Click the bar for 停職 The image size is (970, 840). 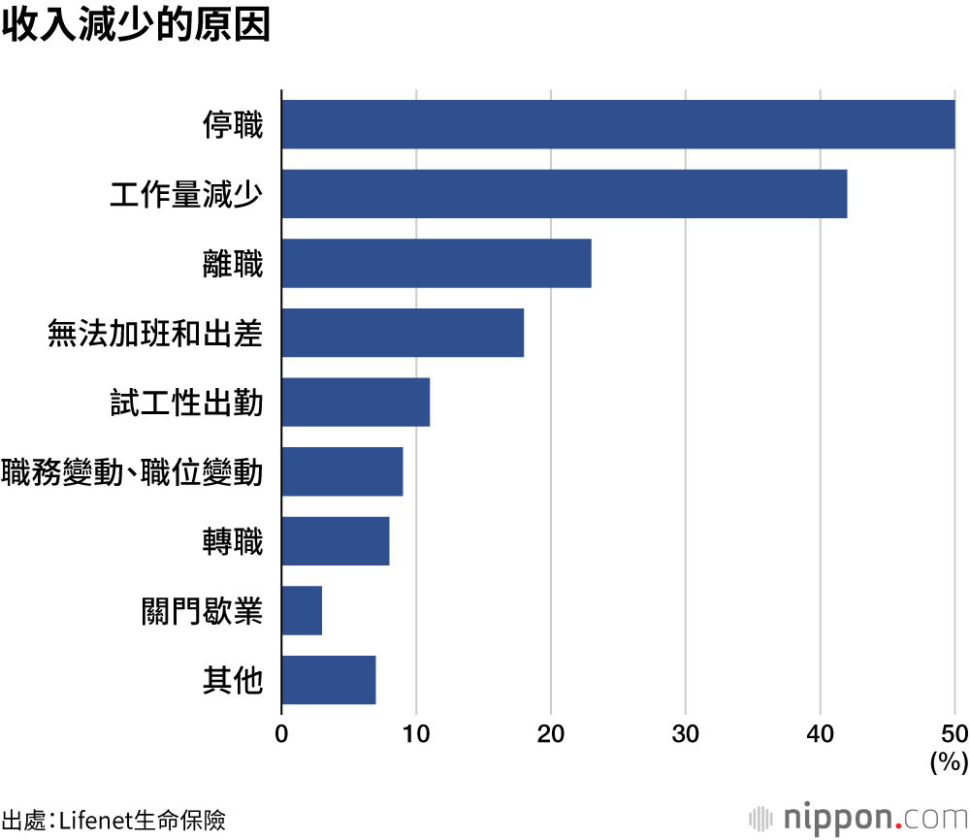pos(618,124)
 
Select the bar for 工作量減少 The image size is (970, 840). pos(565,194)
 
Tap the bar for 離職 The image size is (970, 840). pos(436,263)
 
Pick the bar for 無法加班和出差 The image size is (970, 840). pos(403,333)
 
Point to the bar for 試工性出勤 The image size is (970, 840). pos(356,403)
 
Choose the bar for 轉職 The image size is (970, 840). pos(336,541)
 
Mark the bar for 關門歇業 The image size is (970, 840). pos(302,611)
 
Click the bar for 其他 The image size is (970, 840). pos(329,680)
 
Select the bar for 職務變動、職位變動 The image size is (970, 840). pos(342,471)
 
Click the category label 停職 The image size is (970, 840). pos(233,125)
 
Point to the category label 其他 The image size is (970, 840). pos(233,681)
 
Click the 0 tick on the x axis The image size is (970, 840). pos(281,734)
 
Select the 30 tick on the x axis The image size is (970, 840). pos(686,734)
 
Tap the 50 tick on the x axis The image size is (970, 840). pos(954,734)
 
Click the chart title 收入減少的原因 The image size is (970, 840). pos(135,26)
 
